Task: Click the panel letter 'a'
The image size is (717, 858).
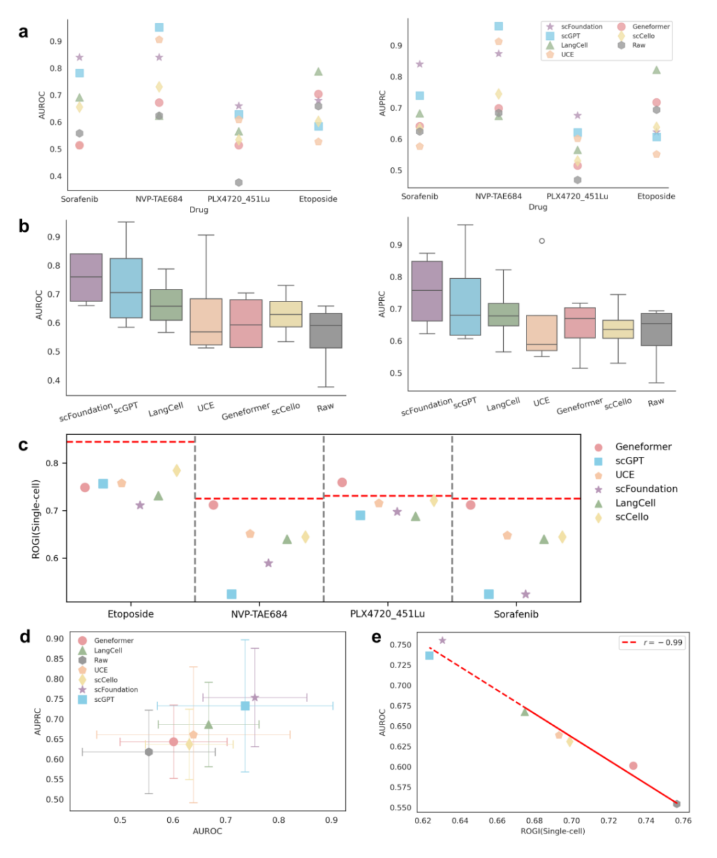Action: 24,33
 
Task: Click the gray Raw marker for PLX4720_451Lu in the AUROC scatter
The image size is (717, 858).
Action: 238,183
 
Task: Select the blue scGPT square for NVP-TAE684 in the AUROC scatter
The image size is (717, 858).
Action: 159,28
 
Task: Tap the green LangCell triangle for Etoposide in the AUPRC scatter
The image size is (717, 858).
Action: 657,70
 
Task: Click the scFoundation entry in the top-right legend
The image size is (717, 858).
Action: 582,27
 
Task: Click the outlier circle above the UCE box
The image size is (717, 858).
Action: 542,241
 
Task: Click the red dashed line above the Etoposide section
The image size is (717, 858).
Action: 130,442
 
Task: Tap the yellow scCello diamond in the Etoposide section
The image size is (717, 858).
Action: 177,471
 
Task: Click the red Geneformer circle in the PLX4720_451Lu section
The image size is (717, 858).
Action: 342,483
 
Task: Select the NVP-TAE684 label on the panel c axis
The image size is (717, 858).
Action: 259,614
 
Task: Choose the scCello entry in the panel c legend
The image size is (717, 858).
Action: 631,517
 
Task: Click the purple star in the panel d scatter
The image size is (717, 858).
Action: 255,697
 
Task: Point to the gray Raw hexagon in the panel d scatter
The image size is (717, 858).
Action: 149,752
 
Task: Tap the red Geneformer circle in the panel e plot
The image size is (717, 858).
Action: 633,766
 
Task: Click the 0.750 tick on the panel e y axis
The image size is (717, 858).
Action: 400,645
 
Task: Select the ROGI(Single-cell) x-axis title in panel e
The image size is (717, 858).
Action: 552,831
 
